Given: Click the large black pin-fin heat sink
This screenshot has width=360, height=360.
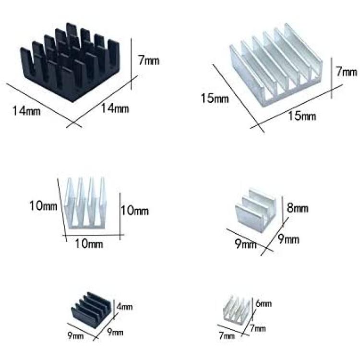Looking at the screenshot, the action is coord(70,61).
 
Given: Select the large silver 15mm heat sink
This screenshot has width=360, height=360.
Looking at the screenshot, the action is coord(276,65).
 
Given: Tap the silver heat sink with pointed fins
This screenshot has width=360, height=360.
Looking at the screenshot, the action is coord(86,203).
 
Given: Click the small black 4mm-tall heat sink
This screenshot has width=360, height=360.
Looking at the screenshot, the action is coord(93,306).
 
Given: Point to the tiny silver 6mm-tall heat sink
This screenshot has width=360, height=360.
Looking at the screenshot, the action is coord(237,309).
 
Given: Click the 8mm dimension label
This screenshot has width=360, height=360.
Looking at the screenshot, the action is coord(297,208).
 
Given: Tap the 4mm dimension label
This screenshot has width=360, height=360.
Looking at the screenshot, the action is coord(124,307).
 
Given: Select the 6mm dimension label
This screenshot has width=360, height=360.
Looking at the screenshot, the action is coord(264,303).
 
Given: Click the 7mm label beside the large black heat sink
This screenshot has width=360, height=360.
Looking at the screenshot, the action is coord(148,60).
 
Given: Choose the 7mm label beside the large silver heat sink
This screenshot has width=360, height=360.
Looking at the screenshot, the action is coord(347,72).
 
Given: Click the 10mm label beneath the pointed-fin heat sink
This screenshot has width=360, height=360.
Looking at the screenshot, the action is coord(89,243).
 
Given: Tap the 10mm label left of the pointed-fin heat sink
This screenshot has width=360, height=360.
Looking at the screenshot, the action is coord(43,205).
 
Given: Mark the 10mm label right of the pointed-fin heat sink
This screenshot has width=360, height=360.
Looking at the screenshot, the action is coord(135,210).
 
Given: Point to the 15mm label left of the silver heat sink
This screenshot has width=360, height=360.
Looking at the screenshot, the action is coord(215,98).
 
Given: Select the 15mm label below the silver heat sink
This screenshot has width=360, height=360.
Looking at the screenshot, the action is coord(302,116).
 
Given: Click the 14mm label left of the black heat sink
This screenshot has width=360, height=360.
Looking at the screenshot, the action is coord(26,111).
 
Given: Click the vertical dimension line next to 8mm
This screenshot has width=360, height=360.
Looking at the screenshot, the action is coord(283,210).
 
